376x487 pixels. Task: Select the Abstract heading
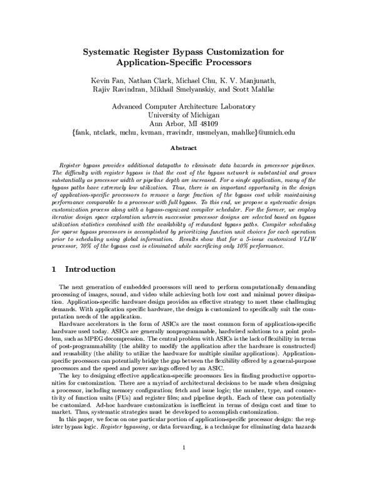click(187, 148)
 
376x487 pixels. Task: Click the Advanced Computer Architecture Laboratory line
click(187, 106)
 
